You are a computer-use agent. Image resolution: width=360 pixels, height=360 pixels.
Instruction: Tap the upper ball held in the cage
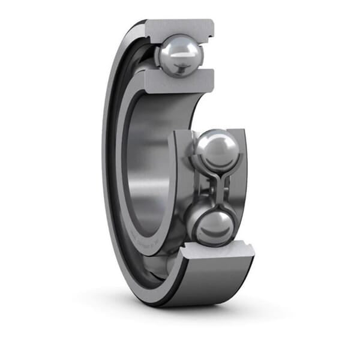pyautogui.click(x=218, y=150)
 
